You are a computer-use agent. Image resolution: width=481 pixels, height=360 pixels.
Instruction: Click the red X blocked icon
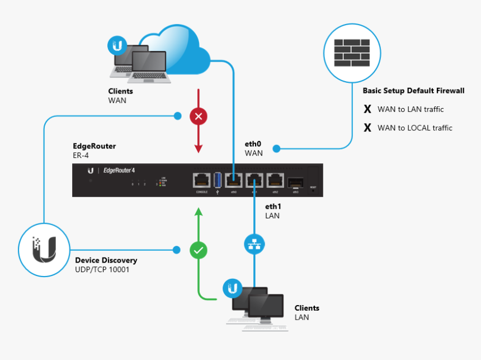pos(199,116)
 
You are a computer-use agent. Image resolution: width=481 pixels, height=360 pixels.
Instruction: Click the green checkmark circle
pos(199,250)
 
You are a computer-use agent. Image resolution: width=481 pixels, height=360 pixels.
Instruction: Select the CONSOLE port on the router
pos(202,180)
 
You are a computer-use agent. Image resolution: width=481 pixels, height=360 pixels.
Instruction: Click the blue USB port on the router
pos(218,180)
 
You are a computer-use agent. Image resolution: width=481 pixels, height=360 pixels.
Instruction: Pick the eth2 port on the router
pos(275,180)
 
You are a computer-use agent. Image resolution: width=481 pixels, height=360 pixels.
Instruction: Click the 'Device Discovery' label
pos(106,260)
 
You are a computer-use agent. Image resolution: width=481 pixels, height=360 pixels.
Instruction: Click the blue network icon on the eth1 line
pos(254,244)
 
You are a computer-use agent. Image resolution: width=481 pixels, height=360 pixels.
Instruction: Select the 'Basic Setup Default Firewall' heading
pos(413,91)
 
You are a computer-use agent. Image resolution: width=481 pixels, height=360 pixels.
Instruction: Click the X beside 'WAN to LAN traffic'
pos(367,109)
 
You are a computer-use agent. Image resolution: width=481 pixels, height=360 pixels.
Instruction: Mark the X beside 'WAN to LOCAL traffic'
pos(367,128)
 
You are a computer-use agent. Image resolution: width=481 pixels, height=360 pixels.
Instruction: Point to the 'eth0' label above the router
pos(253,144)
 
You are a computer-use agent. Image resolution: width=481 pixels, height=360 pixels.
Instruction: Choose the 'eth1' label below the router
pos(272,207)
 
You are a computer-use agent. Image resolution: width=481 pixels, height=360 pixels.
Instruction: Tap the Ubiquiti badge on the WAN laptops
pos(117,45)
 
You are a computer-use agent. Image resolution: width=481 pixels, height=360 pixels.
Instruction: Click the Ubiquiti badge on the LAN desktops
pos(231,289)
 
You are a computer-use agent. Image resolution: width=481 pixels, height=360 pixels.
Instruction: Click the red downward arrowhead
pos(199,148)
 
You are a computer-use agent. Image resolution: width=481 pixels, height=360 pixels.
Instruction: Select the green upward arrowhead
pos(199,211)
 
